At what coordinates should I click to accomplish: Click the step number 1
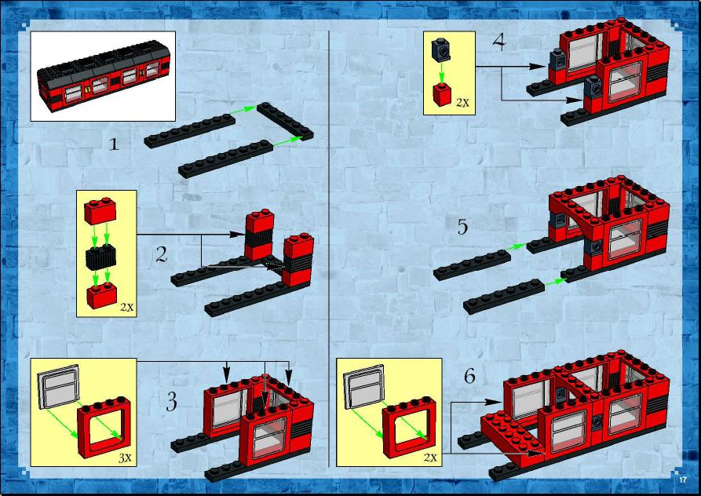(115, 144)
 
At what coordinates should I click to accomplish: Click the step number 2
(162, 254)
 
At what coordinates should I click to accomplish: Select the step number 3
(172, 401)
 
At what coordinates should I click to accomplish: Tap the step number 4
(499, 42)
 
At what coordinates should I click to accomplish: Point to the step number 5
(462, 227)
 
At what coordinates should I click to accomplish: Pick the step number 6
(469, 376)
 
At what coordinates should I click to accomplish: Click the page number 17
(683, 480)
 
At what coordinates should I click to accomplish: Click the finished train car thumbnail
(104, 76)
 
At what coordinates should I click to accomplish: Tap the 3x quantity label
(125, 458)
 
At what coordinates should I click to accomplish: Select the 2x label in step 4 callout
(462, 102)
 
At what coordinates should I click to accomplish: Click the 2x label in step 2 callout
(127, 308)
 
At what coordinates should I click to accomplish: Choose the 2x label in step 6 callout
(430, 458)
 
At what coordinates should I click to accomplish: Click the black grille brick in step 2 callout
(101, 257)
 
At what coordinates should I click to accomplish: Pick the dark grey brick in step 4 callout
(441, 50)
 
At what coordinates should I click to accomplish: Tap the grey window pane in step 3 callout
(59, 387)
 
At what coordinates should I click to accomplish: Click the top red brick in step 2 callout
(100, 211)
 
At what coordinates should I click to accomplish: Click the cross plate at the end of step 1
(285, 121)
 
